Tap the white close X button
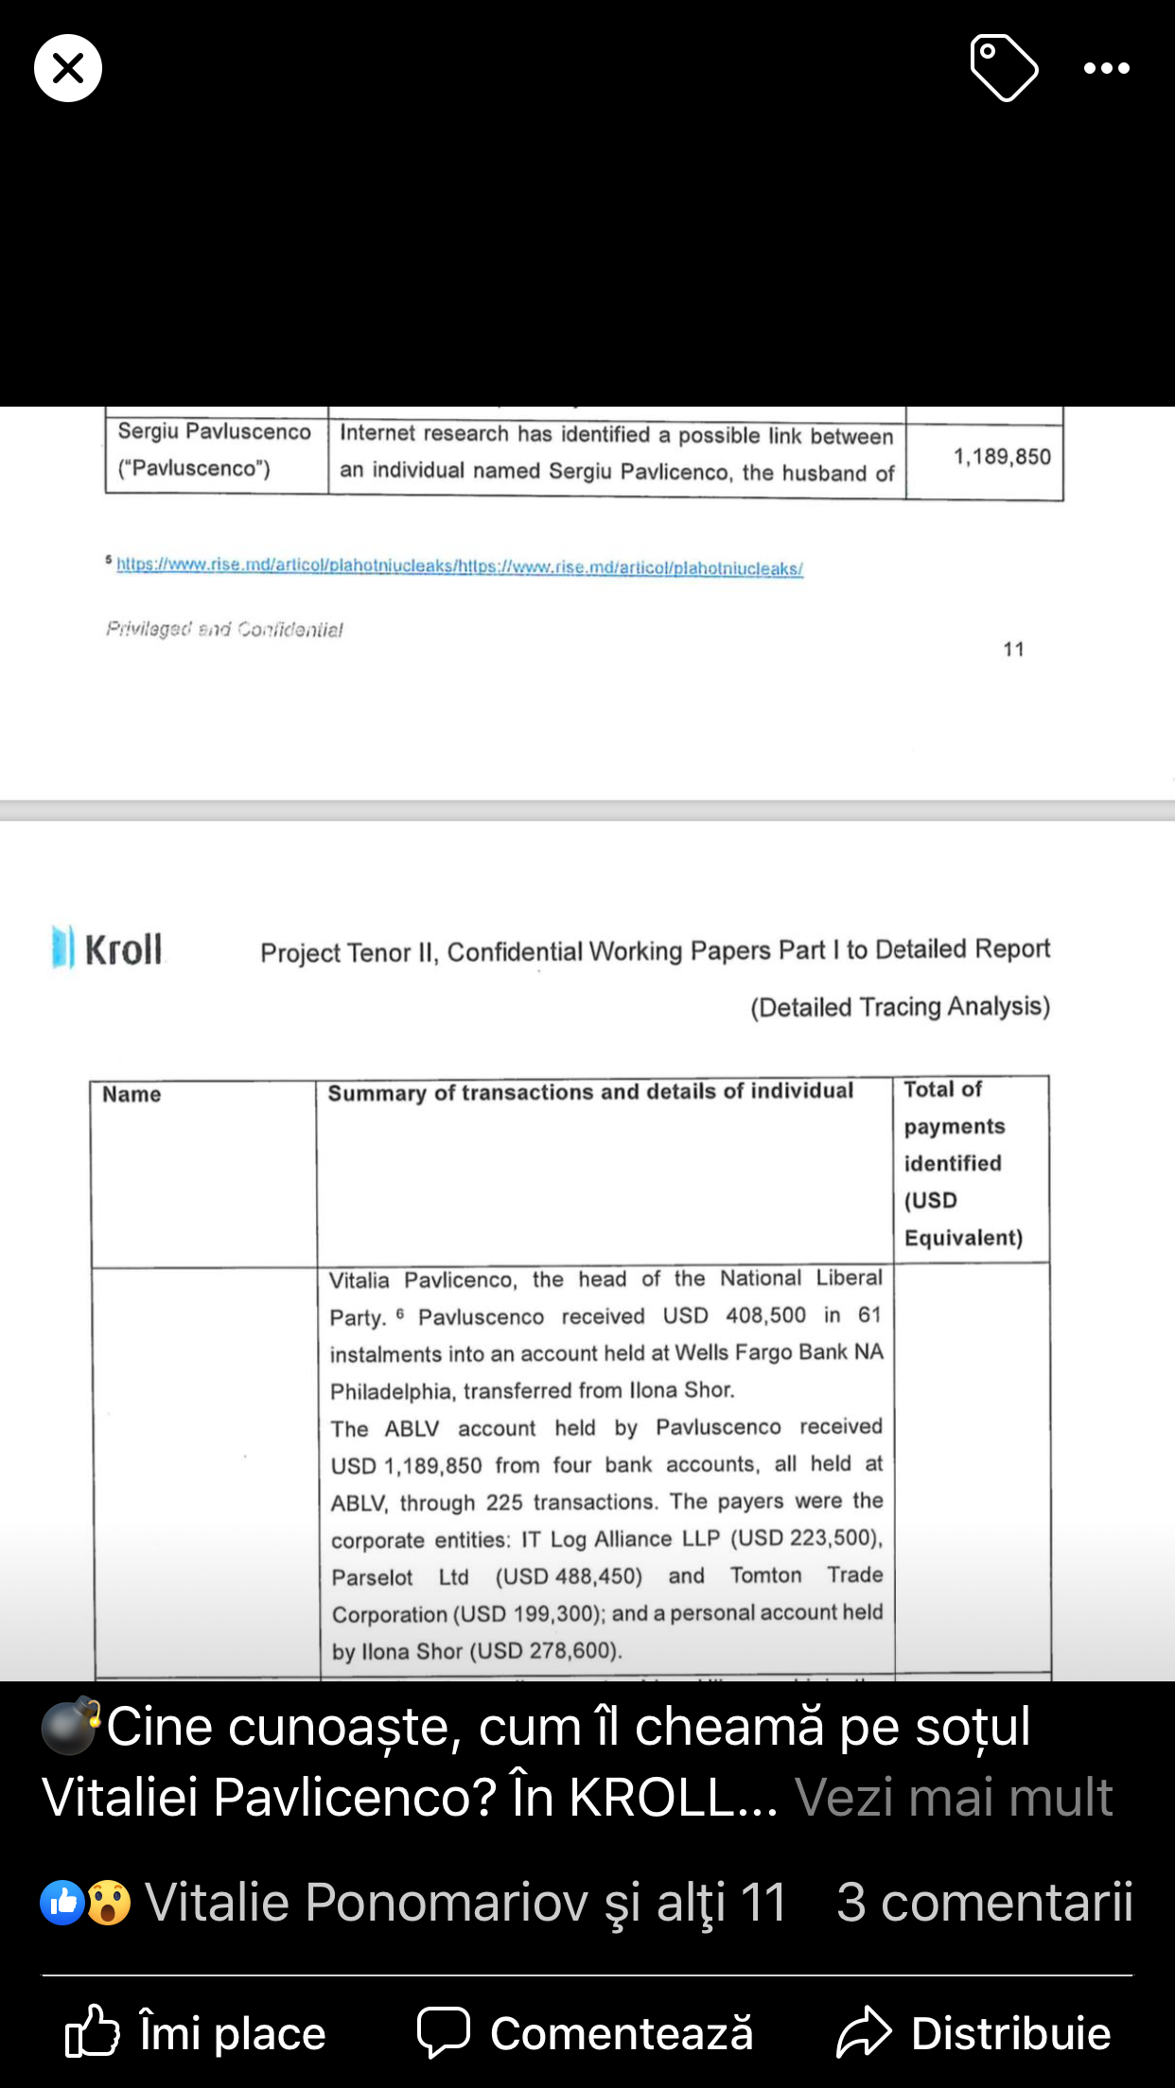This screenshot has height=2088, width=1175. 68,68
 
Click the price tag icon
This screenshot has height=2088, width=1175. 1004,67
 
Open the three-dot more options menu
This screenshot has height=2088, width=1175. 1106,68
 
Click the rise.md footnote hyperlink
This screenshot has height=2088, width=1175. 460,566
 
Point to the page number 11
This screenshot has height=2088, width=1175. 1013,650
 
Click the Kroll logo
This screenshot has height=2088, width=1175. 107,948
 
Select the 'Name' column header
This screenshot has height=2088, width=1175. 132,1095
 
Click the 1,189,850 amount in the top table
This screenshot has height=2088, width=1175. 1002,457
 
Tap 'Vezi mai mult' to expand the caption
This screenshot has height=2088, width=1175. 954,1797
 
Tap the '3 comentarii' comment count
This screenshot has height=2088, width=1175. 984,1902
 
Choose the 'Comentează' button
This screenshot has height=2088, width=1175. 586,2033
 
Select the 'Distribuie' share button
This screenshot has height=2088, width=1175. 973,2033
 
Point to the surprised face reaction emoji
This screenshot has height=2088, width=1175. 109,1903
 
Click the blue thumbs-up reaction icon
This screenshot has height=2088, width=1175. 62,1903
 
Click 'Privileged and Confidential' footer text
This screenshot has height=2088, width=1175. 224,629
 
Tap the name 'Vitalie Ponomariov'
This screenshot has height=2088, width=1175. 366,1902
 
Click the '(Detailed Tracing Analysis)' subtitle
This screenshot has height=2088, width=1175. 900,1006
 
